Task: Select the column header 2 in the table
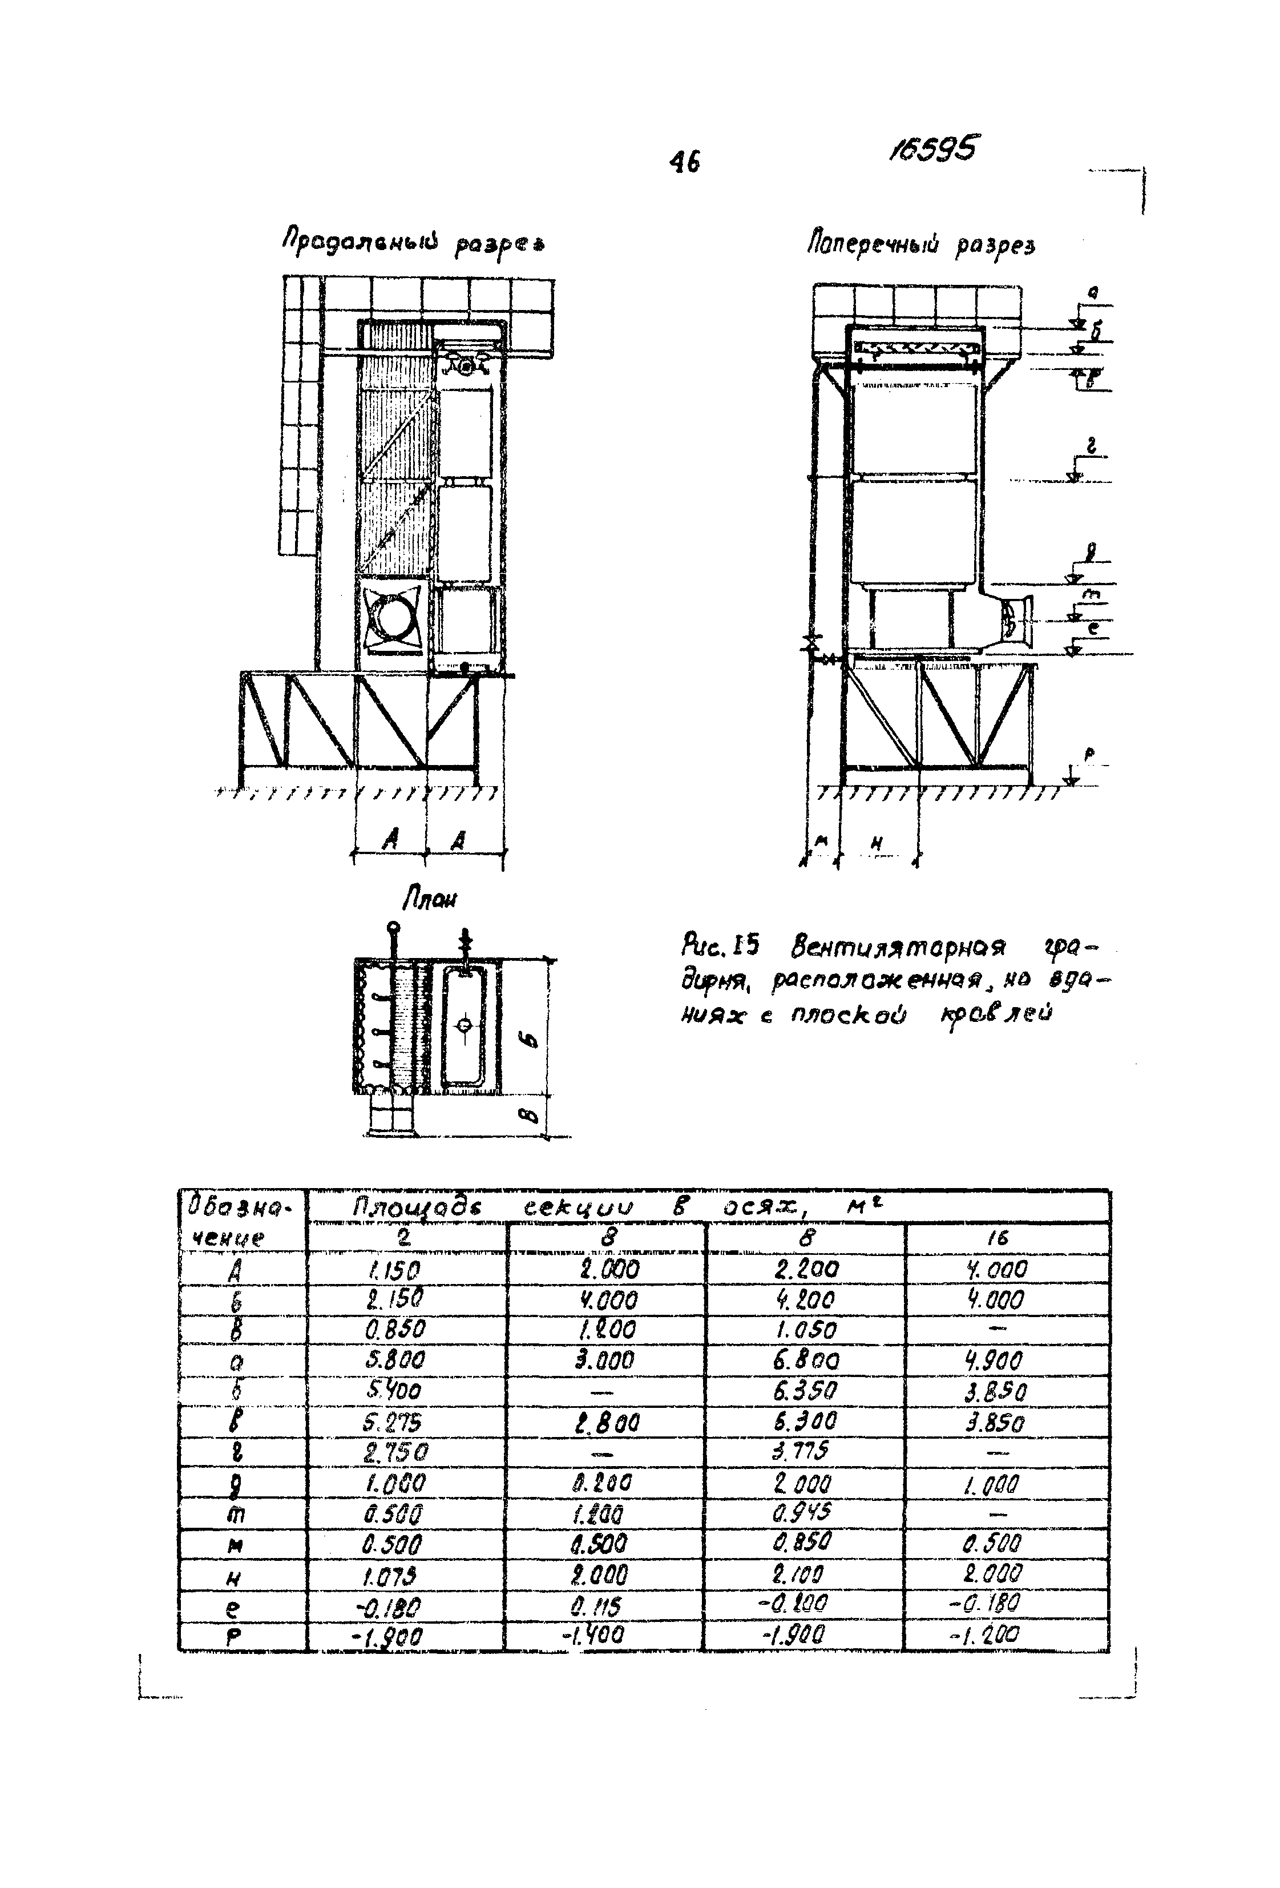pos(403,1238)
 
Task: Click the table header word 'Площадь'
pos(416,1208)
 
